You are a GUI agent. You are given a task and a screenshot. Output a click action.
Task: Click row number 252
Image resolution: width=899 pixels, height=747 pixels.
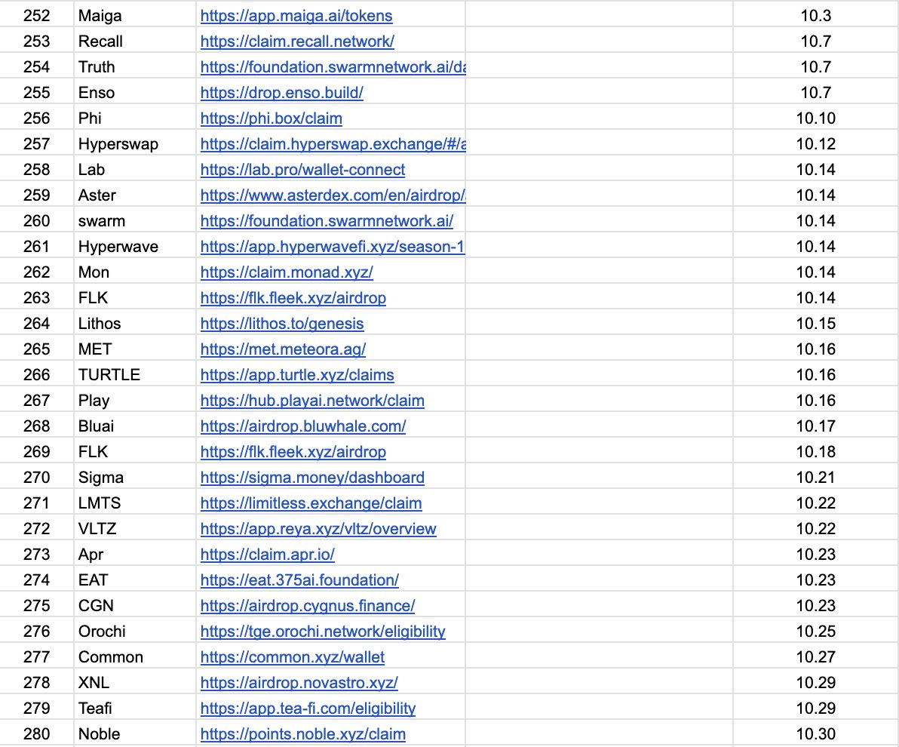click(x=37, y=16)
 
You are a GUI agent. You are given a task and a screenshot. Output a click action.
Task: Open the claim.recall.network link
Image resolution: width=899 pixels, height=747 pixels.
click(x=297, y=41)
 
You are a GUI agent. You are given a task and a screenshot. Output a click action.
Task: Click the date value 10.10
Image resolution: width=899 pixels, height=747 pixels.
click(x=815, y=118)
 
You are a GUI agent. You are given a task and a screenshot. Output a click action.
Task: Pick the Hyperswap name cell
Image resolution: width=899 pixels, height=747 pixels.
click(x=118, y=144)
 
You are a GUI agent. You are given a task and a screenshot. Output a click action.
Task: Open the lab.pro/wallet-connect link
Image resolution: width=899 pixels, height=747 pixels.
click(x=302, y=170)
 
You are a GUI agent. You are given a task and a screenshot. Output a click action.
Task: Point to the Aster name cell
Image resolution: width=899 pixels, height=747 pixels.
click(x=97, y=195)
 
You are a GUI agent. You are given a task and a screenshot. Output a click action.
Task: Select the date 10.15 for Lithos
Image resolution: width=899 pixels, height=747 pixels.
click(x=815, y=324)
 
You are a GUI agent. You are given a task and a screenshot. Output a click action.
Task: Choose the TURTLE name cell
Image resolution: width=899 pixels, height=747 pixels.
click(x=109, y=375)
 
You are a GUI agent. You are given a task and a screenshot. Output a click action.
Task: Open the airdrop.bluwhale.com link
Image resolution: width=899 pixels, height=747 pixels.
click(x=303, y=426)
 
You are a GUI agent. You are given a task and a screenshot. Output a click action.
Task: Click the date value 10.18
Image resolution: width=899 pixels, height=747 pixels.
click(x=815, y=452)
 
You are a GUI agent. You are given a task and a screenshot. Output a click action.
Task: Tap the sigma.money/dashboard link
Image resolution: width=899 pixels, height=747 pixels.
click(x=312, y=478)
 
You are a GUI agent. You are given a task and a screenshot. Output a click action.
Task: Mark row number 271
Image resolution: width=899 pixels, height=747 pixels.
click(x=37, y=503)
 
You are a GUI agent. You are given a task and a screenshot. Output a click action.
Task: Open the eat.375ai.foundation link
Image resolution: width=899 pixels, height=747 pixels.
click(x=299, y=580)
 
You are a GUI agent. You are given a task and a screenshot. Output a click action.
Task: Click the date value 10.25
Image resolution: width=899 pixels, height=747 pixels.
click(x=815, y=632)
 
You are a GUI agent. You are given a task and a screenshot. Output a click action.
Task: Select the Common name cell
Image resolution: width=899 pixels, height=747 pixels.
click(x=111, y=657)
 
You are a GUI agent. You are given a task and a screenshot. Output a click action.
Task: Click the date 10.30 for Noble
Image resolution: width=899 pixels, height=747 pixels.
click(x=815, y=734)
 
